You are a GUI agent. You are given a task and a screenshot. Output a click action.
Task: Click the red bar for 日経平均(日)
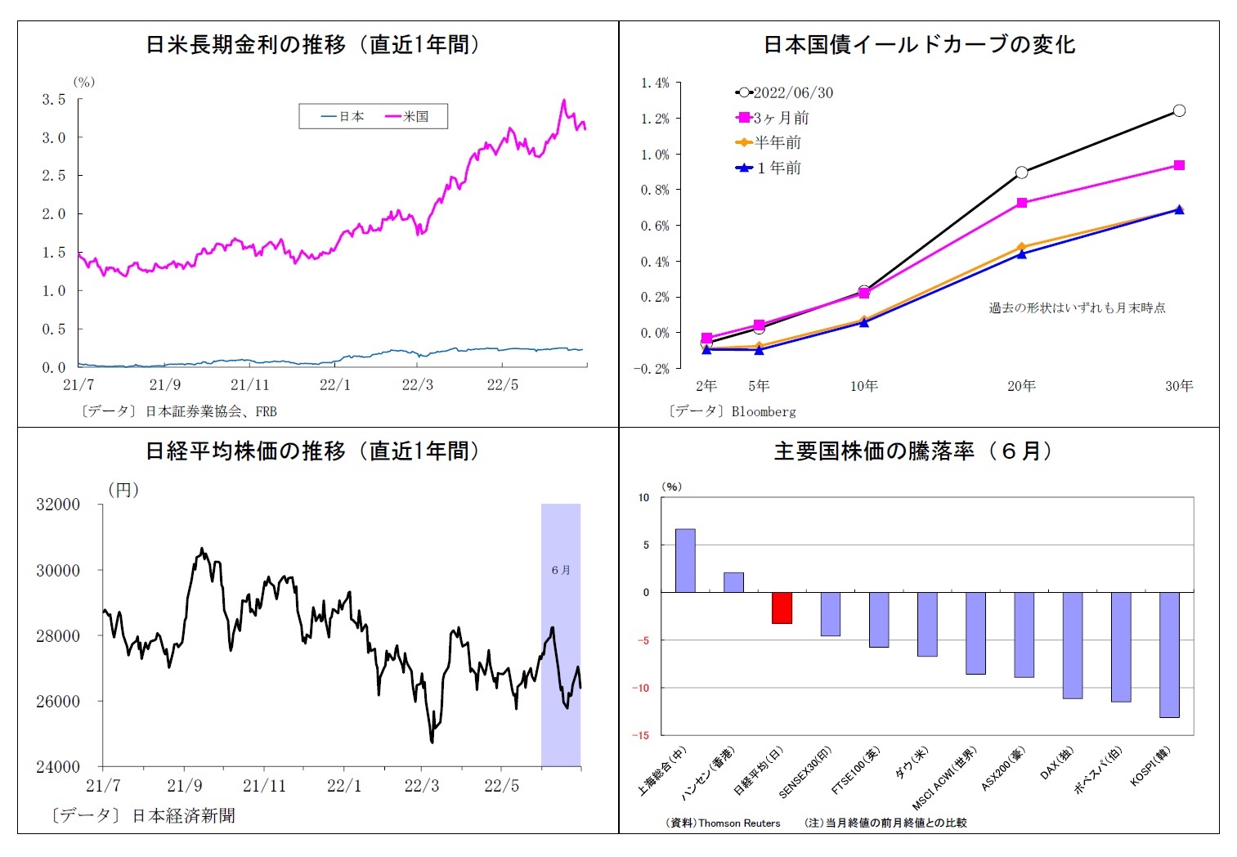click(x=782, y=608)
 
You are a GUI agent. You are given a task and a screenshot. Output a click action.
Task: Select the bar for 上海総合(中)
click(x=685, y=560)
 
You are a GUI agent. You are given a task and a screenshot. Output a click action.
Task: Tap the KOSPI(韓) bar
click(x=1169, y=654)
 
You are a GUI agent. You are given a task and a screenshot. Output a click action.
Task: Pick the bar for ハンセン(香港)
click(x=733, y=582)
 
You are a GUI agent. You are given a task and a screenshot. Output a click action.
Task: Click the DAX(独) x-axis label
click(x=1055, y=764)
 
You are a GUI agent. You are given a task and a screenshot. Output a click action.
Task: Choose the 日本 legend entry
click(x=343, y=117)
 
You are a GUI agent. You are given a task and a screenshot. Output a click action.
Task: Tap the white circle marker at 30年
click(x=1179, y=110)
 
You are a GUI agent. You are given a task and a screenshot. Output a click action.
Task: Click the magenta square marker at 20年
click(x=1022, y=203)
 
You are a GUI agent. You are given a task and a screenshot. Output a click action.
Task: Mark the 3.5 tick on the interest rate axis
click(x=54, y=100)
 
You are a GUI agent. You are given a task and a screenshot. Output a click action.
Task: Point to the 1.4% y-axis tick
click(x=655, y=83)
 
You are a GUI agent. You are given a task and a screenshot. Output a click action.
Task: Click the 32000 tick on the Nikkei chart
click(x=58, y=505)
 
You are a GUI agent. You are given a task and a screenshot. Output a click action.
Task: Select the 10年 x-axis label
click(x=864, y=386)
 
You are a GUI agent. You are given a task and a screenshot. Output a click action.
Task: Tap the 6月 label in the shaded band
click(x=561, y=570)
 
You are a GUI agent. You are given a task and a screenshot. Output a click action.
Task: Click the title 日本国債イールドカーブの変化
click(x=919, y=45)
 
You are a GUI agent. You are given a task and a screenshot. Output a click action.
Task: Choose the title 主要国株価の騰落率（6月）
click(x=916, y=451)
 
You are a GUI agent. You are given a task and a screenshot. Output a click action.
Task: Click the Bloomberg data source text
click(x=764, y=411)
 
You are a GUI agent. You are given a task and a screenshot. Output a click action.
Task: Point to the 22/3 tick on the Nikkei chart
click(x=422, y=786)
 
